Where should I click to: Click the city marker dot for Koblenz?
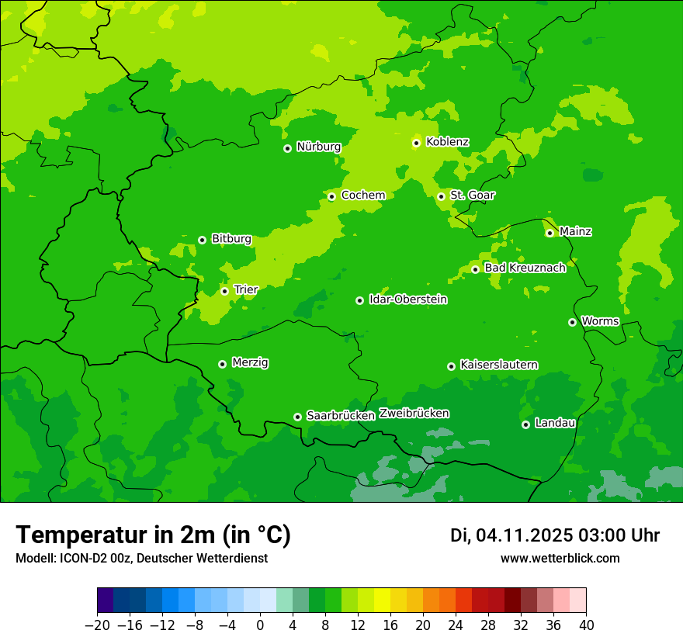click(x=416, y=143)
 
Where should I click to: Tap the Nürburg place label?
click(x=318, y=147)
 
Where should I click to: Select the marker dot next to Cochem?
click(x=331, y=196)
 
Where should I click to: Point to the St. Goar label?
click(x=472, y=196)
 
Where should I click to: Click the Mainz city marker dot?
click(x=550, y=233)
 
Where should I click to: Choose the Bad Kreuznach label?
click(x=525, y=268)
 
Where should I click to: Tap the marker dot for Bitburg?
click(x=202, y=240)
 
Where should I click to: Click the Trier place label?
click(x=246, y=290)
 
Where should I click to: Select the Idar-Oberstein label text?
click(x=408, y=299)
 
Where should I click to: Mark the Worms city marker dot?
click(x=572, y=322)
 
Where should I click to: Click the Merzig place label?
click(x=250, y=363)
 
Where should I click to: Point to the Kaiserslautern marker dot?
click(x=451, y=366)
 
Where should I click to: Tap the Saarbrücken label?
click(x=341, y=416)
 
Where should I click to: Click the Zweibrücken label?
click(x=414, y=414)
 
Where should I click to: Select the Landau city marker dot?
click(x=525, y=424)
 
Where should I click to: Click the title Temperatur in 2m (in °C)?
click(x=153, y=535)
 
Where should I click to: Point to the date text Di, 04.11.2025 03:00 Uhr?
click(x=555, y=536)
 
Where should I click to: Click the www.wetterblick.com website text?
click(x=560, y=559)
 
